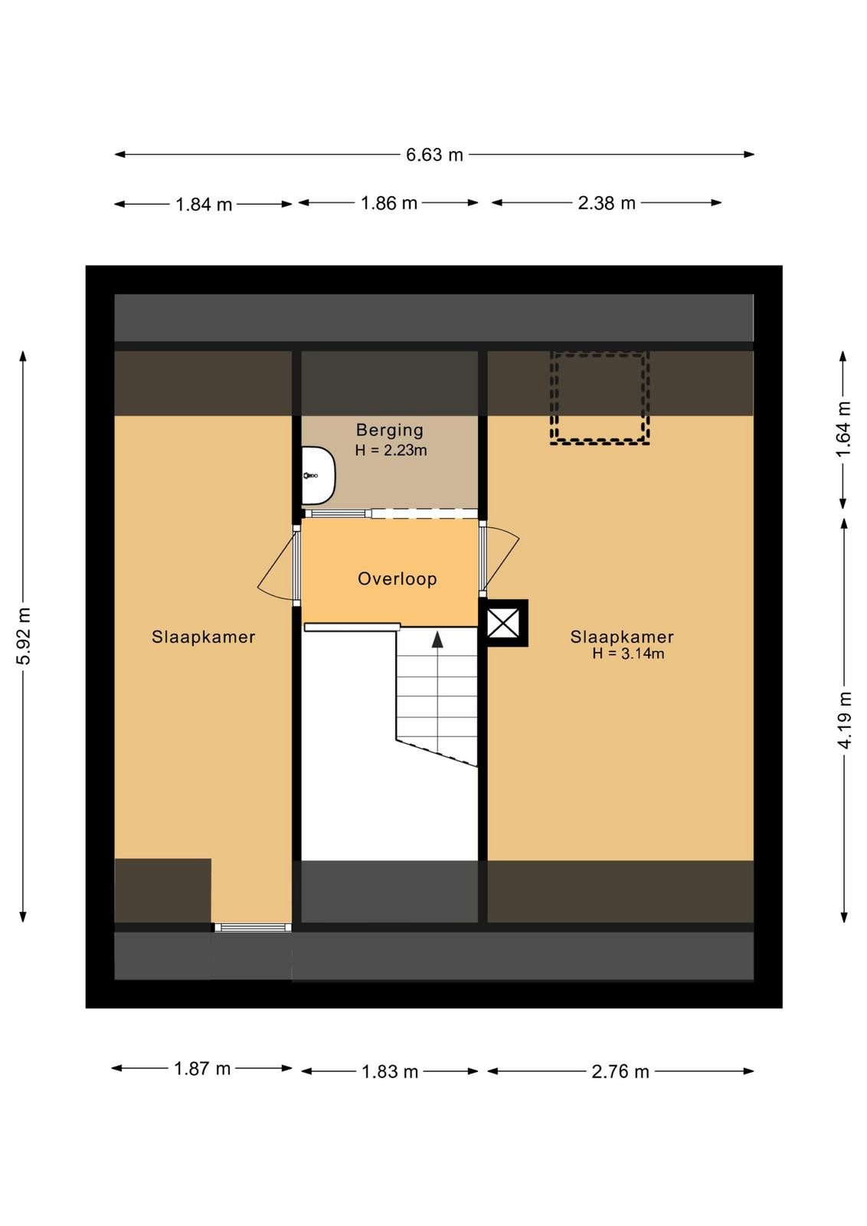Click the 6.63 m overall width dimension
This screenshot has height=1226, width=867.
pyautogui.click(x=434, y=155)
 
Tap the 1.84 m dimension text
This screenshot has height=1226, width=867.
pyautogui.click(x=204, y=205)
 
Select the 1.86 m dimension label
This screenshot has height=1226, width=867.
pyautogui.click(x=389, y=203)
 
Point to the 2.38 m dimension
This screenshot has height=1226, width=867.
pyautogui.click(x=607, y=203)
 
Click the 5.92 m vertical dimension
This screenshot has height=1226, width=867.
pyautogui.click(x=23, y=635)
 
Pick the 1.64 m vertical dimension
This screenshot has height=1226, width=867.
pyautogui.click(x=844, y=429)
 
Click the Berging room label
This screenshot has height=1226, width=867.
pyautogui.click(x=390, y=430)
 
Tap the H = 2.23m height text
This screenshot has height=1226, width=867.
pyautogui.click(x=391, y=451)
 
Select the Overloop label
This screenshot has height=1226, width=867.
pyautogui.click(x=398, y=579)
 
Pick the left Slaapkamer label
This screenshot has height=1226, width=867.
pyautogui.click(x=204, y=637)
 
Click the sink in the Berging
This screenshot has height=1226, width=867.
pyautogui.click(x=319, y=476)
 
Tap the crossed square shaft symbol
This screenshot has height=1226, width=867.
pyautogui.click(x=503, y=623)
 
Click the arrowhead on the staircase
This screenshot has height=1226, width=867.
pyautogui.click(x=437, y=640)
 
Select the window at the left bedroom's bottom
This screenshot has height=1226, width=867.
pyautogui.click(x=253, y=927)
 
